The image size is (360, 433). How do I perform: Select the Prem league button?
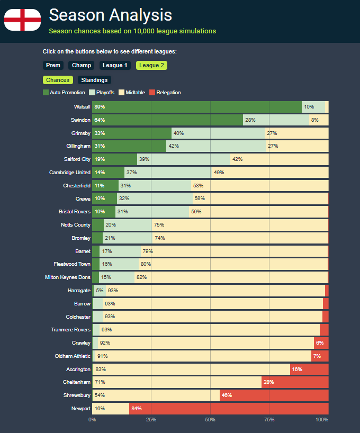[x=53, y=66]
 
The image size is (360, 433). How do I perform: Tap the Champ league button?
[x=82, y=66]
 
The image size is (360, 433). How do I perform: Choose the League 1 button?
[x=115, y=66]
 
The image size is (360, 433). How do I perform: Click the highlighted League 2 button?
[x=151, y=66]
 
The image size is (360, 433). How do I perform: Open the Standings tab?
[x=94, y=80]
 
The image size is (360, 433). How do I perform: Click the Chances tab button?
[x=58, y=80]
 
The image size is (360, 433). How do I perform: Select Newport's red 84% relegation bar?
[x=229, y=409]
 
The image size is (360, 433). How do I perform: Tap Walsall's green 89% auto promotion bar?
[x=196, y=107]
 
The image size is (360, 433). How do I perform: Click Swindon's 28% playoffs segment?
[x=276, y=120]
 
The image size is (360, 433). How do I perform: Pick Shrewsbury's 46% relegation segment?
[x=274, y=395]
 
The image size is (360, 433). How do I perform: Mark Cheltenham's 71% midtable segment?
[x=177, y=382]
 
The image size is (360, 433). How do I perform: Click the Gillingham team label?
[x=78, y=146]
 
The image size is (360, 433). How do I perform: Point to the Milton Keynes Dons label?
[x=68, y=277]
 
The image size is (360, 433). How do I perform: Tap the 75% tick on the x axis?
[x=269, y=420]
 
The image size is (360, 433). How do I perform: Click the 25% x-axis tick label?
[x=151, y=420]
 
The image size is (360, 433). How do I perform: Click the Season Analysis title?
[x=110, y=15]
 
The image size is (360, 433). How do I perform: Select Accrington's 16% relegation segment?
[x=309, y=369]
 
